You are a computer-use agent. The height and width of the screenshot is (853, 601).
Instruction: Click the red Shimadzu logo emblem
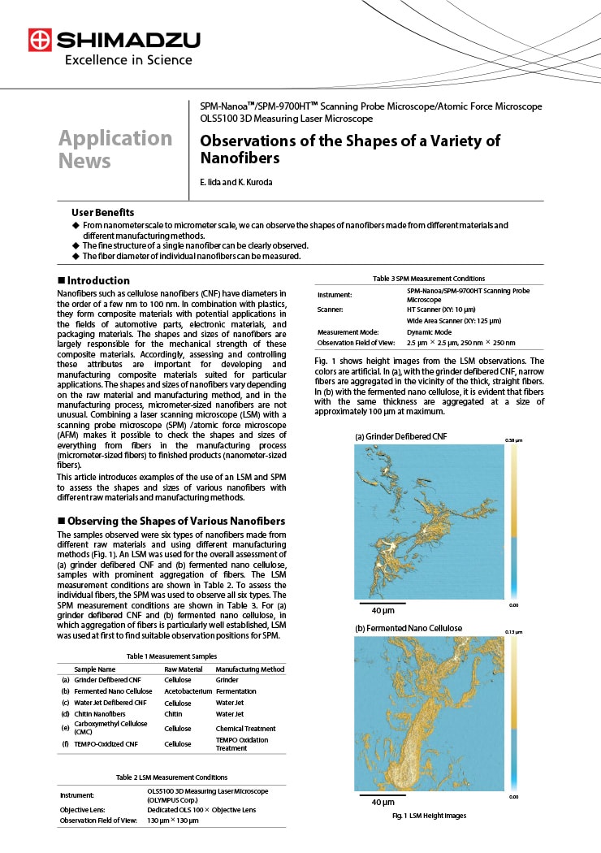click(x=40, y=40)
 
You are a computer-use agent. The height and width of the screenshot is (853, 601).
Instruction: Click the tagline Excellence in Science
click(x=128, y=59)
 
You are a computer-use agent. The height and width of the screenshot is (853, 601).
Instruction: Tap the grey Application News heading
click(x=115, y=149)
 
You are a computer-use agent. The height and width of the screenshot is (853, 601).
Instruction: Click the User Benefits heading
click(x=102, y=212)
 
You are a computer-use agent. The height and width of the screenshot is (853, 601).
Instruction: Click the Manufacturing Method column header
click(x=250, y=669)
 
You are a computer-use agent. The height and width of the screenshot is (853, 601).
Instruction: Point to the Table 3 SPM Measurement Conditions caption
click(x=428, y=279)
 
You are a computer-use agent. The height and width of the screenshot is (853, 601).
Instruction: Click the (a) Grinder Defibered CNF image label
click(x=400, y=436)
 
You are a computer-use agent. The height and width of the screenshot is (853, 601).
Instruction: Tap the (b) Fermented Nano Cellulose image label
click(x=409, y=628)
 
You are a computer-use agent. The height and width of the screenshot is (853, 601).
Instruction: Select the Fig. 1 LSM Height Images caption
click(x=429, y=816)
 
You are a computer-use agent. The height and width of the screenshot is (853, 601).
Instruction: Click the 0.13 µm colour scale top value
click(x=514, y=631)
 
